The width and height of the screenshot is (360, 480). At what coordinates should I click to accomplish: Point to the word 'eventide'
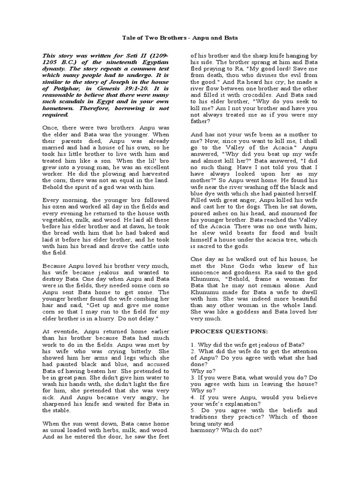point(62,331)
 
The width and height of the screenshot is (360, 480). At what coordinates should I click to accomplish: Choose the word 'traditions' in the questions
point(207,417)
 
